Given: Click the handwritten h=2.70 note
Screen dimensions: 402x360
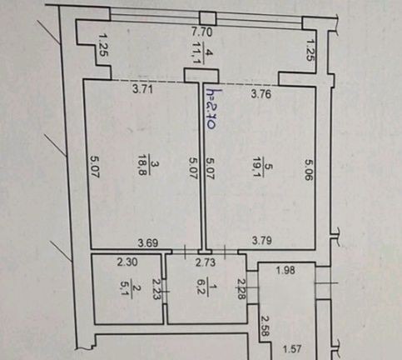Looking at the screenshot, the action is point(211,109).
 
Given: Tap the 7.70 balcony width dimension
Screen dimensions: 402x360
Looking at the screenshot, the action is point(202,32).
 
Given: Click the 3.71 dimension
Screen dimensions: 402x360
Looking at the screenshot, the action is point(142,89).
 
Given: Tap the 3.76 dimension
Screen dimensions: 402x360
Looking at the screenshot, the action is point(261,94).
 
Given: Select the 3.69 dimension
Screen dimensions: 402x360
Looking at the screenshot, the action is point(148,243).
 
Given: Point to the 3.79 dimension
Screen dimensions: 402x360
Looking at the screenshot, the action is point(262,240).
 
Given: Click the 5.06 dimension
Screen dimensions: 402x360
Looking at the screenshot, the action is point(309,169).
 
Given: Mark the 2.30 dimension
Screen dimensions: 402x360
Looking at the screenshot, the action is point(127,262).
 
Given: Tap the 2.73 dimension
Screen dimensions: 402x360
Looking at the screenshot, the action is point(206,262).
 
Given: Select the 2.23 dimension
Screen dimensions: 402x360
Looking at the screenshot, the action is point(156,289).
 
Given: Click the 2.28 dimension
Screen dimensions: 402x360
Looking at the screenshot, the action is point(241,289).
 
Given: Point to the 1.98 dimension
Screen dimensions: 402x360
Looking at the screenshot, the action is point(285,270).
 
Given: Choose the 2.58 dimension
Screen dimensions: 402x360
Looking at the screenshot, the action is point(266,326).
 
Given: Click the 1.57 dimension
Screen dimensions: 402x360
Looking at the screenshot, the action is point(292,348).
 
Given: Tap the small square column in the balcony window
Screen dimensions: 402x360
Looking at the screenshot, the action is point(207,18).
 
